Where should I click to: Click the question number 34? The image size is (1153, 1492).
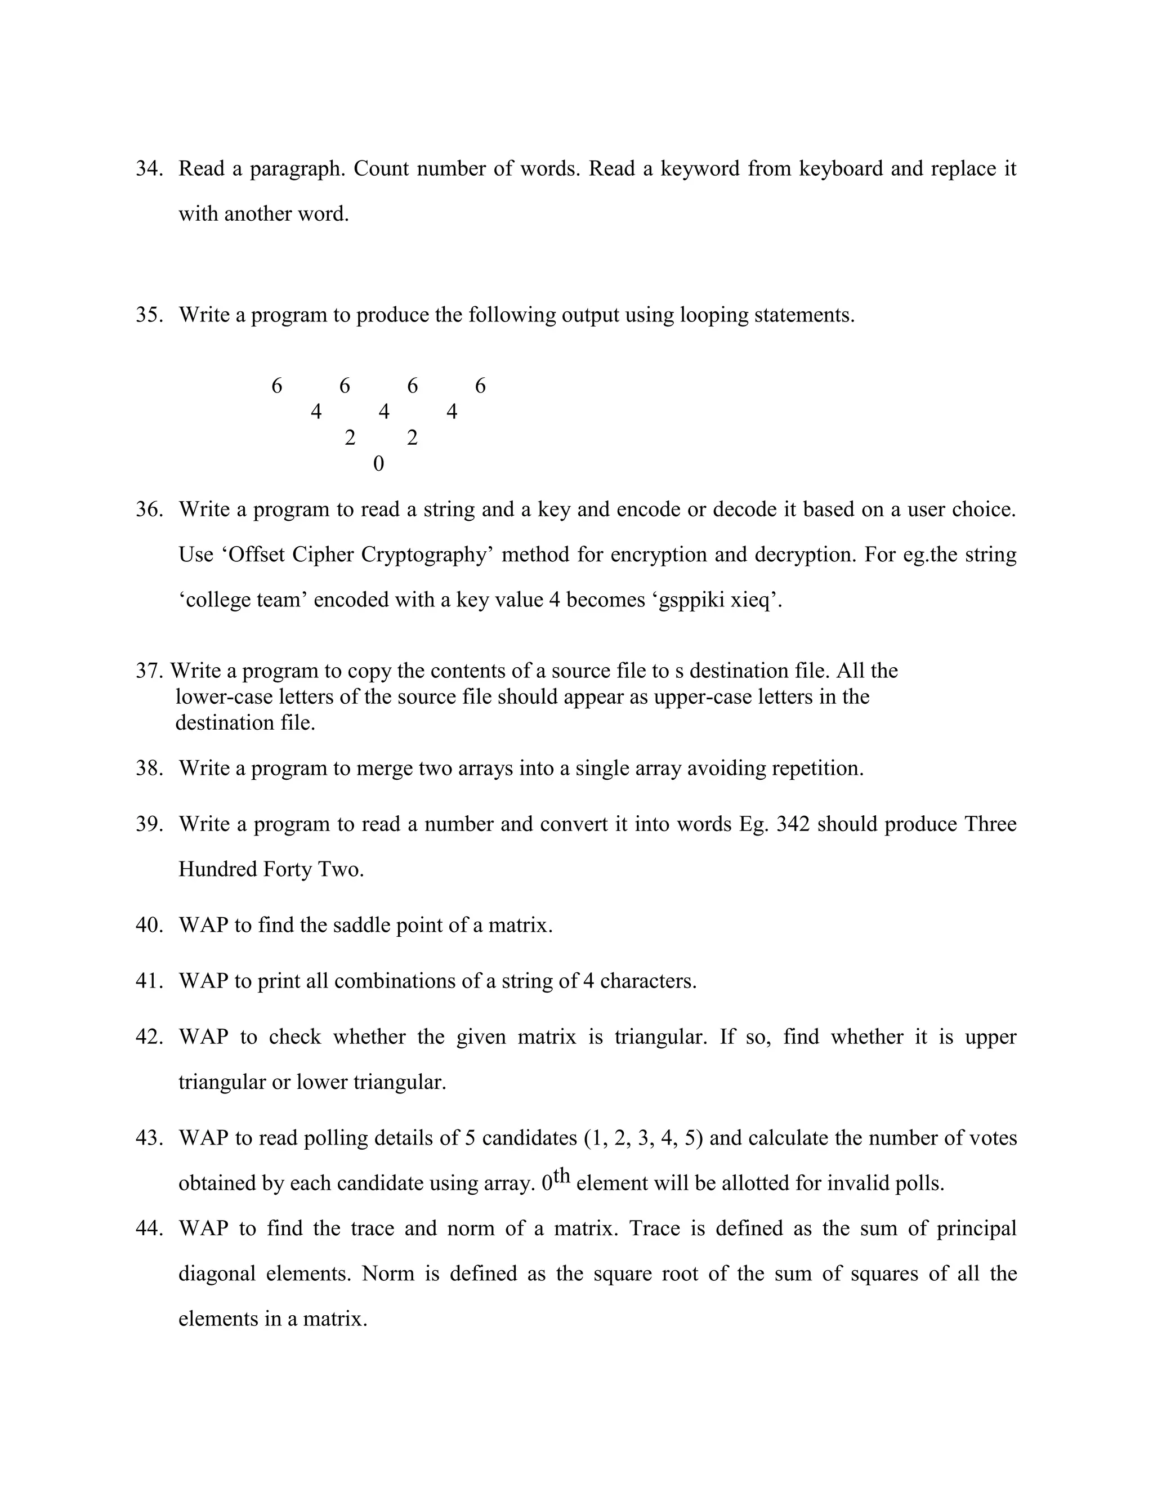[x=149, y=169]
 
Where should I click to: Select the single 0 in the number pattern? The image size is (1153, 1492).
[x=378, y=464]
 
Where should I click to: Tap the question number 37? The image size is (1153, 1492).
[x=149, y=671]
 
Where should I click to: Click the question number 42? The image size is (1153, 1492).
[x=149, y=1037]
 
